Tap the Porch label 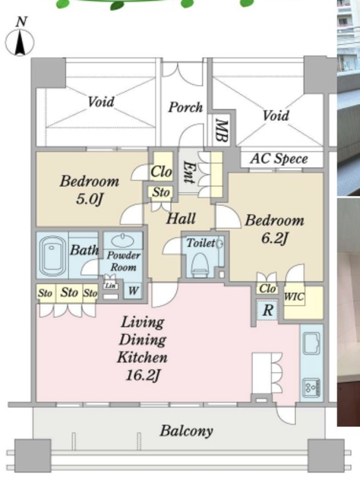[x=185, y=107]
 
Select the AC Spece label [x=279, y=159]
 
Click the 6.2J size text [x=274, y=238]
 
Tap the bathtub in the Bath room [x=52, y=255]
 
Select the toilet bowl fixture [x=200, y=264]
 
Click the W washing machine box [x=133, y=291]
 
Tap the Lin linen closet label [x=110, y=286]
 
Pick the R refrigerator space [x=267, y=310]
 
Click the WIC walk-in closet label [x=294, y=297]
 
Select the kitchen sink [x=311, y=343]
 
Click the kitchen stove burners [x=311, y=387]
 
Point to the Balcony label [x=186, y=431]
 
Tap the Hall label [x=181, y=218]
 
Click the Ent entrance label [x=188, y=172]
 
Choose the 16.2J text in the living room [x=143, y=376]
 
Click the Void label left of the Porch [x=101, y=102]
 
